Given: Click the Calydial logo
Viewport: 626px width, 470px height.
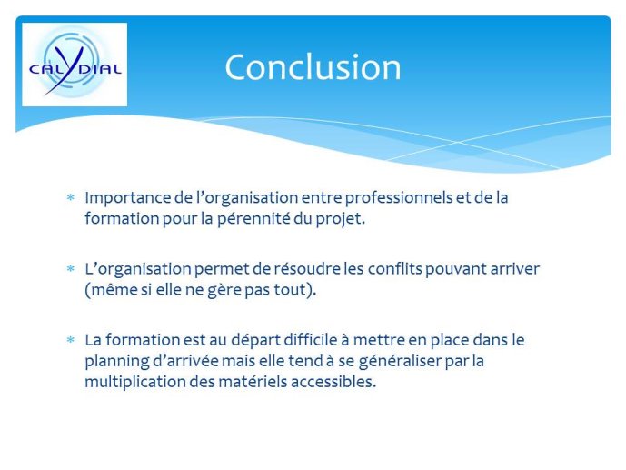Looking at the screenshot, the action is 75,65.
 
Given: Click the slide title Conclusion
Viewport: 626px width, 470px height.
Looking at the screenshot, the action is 313,66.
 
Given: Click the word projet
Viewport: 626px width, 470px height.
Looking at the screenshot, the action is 341,219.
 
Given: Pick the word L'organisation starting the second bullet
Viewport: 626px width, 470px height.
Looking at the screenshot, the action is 138,269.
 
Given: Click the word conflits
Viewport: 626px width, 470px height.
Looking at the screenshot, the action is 395,268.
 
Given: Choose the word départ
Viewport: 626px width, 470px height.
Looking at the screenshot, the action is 256,340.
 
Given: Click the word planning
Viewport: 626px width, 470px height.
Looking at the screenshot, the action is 117,361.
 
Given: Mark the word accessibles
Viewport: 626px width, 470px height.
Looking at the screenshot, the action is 333,381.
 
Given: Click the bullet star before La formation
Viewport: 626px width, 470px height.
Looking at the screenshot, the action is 71,340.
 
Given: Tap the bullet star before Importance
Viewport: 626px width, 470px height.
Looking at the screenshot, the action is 71,197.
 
